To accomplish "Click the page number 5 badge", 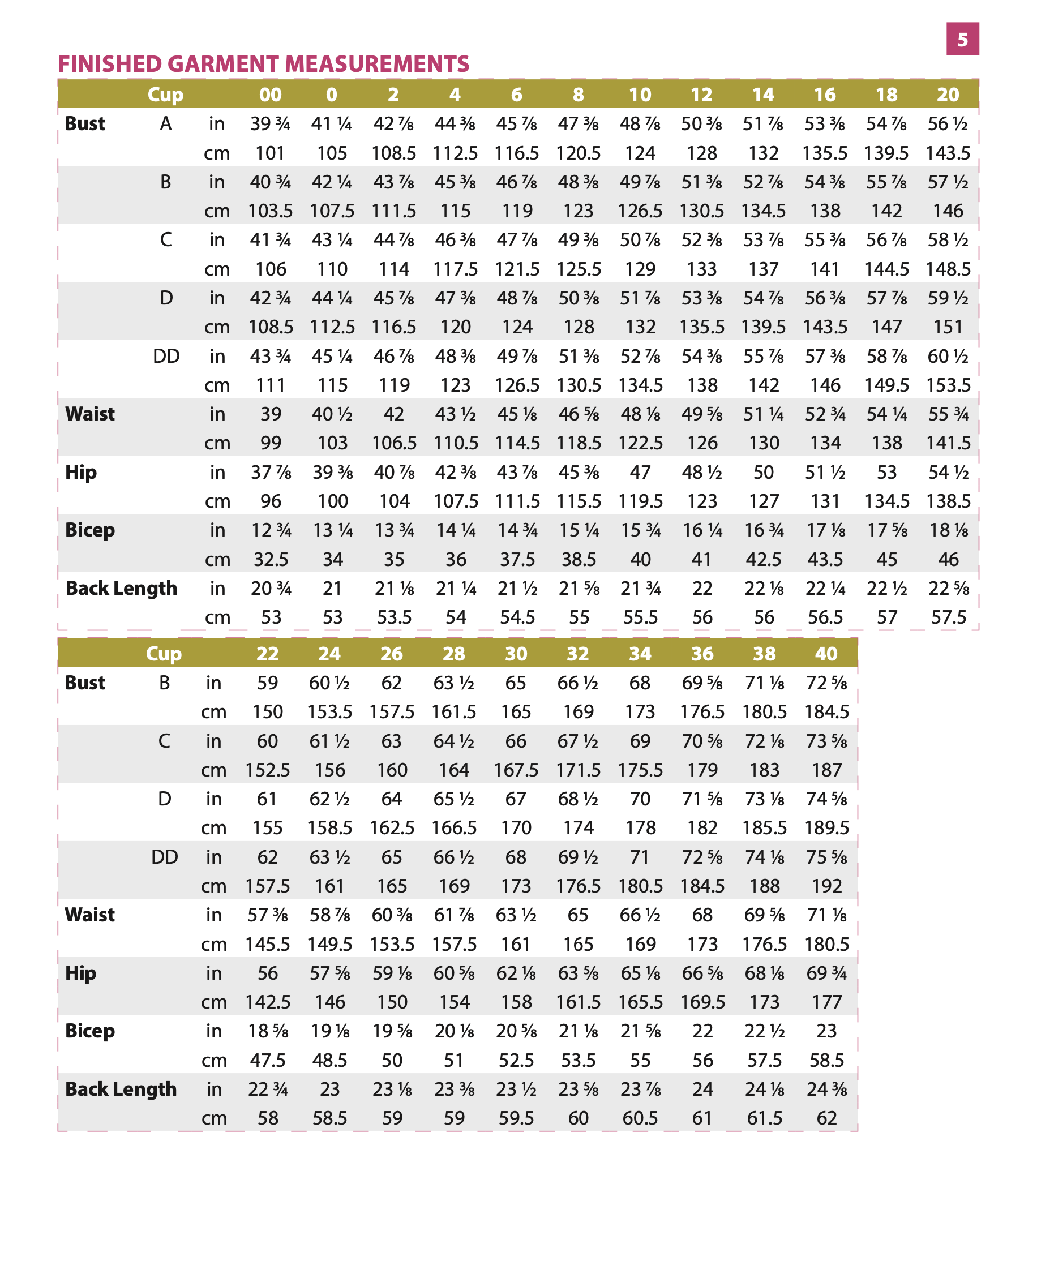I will (x=962, y=40).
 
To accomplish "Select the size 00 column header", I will (x=270, y=95).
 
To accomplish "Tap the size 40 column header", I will (x=826, y=654).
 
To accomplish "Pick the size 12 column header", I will (x=701, y=95).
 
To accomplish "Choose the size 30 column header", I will (x=516, y=654).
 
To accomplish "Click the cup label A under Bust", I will (x=165, y=123).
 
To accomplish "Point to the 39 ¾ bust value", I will (x=270, y=123).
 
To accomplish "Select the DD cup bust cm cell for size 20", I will (x=948, y=385).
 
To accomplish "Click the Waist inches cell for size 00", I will (x=271, y=414).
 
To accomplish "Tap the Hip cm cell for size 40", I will (x=826, y=1002).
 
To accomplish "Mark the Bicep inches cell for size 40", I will (x=826, y=1031).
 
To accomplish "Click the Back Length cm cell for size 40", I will (x=826, y=1118).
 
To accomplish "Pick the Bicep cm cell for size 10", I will (x=640, y=559).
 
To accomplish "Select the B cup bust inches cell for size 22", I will (x=267, y=683).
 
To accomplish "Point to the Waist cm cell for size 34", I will (x=640, y=944).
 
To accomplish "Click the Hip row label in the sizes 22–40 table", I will (x=80, y=973).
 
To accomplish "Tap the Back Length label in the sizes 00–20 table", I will (x=121, y=589).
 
